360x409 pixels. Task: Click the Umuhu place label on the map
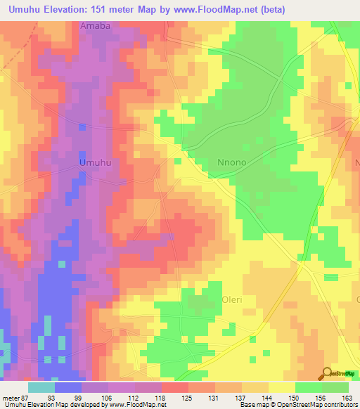pos(96,162)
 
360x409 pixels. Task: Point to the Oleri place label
pos(232,299)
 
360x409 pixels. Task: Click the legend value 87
pos(28,397)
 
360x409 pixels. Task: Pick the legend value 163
pos(348,397)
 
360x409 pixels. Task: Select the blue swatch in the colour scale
pos(68,387)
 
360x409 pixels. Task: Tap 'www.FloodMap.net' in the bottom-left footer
pos(134,405)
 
